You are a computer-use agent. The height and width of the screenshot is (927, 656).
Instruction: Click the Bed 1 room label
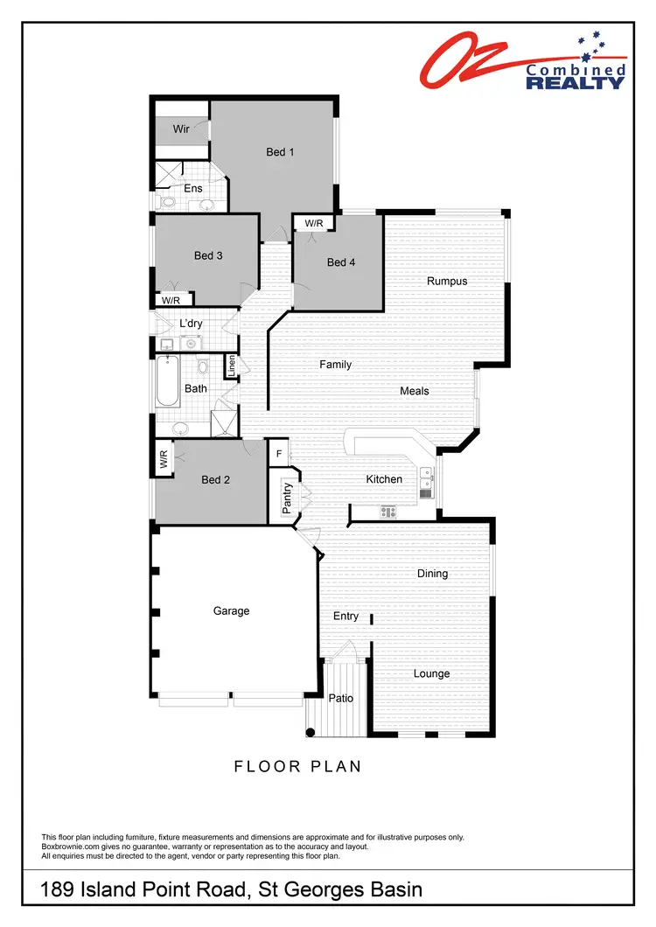280,152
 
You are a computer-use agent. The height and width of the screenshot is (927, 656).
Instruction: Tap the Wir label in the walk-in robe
181,129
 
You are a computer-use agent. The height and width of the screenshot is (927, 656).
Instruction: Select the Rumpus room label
446,282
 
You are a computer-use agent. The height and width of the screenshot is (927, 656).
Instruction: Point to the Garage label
231,611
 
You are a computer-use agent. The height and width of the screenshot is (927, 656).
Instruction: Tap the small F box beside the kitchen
278,455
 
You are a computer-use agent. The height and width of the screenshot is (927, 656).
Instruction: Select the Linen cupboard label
232,366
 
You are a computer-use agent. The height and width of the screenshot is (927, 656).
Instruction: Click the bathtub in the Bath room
166,382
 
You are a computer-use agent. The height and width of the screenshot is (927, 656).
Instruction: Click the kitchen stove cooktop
387,512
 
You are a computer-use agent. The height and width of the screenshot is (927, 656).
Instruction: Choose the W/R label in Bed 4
313,224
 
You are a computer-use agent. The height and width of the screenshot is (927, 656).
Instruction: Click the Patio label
340,699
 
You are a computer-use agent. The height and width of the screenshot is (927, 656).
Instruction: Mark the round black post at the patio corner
311,732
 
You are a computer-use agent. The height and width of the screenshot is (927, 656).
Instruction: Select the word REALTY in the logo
575,83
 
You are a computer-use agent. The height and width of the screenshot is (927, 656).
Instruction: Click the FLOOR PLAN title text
297,767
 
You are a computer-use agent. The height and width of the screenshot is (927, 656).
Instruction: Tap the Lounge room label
431,673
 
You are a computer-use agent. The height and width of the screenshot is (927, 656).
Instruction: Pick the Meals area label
415,391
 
